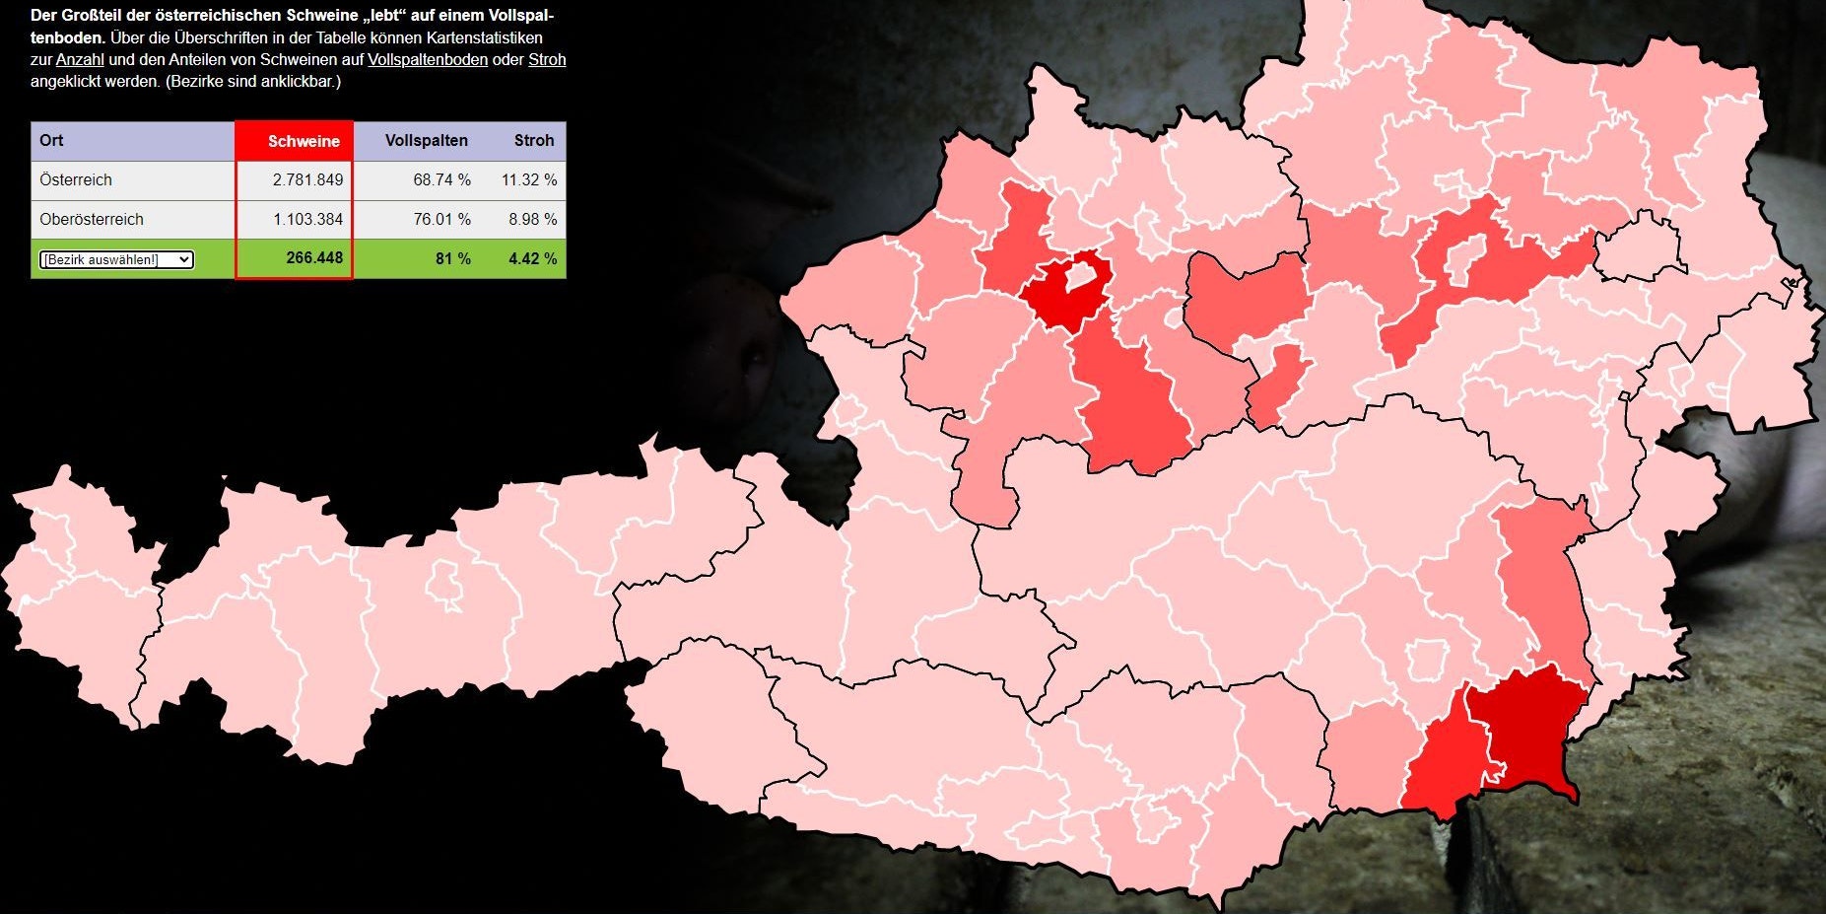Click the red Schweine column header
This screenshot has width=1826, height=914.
pyautogui.click(x=303, y=141)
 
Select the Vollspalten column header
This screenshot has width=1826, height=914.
pyautogui.click(x=426, y=141)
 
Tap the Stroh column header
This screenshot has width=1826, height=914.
pyautogui.click(x=533, y=141)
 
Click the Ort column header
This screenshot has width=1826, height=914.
pyautogui.click(x=51, y=141)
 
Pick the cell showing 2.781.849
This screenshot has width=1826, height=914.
pyautogui.click(x=307, y=180)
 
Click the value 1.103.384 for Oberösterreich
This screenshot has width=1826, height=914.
pyautogui.click(x=307, y=219)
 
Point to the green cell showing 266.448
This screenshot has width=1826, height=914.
pyautogui.click(x=314, y=258)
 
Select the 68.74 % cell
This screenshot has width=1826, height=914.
pyautogui.click(x=441, y=180)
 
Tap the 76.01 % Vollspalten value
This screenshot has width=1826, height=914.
pyautogui.click(x=441, y=219)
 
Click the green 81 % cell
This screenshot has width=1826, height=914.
pyautogui.click(x=452, y=258)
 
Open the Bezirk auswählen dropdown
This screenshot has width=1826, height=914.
pyautogui.click(x=116, y=259)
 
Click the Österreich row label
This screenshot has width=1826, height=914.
pyautogui.click(x=76, y=180)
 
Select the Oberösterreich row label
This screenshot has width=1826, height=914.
pyautogui.click(x=92, y=219)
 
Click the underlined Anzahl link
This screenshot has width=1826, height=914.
pyautogui.click(x=80, y=60)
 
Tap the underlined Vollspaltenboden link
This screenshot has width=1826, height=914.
pyautogui.click(x=428, y=60)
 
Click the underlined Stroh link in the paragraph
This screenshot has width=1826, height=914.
pyautogui.click(x=547, y=60)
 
